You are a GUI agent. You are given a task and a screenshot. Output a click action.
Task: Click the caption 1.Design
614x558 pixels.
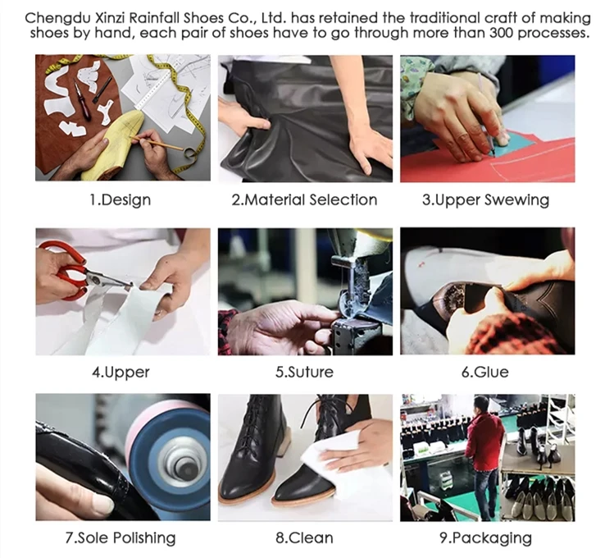coord(121,200)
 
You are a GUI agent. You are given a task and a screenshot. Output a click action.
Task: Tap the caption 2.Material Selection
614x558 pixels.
coord(304,200)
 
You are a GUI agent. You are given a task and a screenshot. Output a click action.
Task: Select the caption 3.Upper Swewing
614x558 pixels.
coord(485,200)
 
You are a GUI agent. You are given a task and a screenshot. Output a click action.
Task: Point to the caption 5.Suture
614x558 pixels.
coord(304,372)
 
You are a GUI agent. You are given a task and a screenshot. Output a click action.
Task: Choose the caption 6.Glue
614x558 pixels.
coord(484,372)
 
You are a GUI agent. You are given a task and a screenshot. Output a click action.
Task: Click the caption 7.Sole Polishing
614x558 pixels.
coord(121,537)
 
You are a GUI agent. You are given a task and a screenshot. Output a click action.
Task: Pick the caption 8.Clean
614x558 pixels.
coord(304,537)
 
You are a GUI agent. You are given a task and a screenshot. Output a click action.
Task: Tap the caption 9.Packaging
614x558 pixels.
coord(485,537)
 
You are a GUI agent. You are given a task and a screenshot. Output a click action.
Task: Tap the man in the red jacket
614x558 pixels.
coord(484,455)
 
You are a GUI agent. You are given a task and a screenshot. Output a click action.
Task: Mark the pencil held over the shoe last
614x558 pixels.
coord(157,143)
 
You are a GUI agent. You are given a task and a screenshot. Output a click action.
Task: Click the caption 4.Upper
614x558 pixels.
coord(121,372)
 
